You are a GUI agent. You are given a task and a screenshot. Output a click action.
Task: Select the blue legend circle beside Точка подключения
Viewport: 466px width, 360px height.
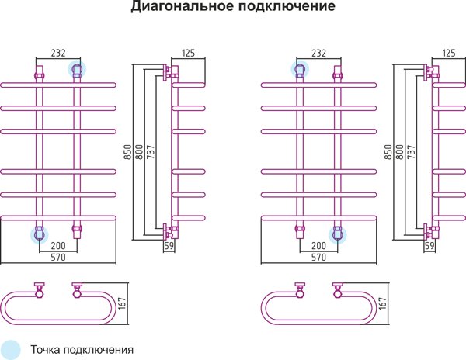(x=12, y=348)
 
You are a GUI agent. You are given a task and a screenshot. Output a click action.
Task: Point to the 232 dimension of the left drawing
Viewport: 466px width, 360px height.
(x=57, y=54)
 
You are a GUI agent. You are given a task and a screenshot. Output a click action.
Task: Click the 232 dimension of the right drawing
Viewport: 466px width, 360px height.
(x=318, y=54)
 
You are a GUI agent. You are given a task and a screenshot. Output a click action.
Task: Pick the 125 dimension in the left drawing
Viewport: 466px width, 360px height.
(x=187, y=53)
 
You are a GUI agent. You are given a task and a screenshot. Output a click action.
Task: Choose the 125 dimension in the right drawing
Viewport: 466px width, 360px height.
(x=448, y=53)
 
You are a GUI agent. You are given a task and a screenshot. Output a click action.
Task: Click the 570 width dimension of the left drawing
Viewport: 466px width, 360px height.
(x=57, y=256)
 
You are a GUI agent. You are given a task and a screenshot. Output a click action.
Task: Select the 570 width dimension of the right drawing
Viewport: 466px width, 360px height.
(x=318, y=256)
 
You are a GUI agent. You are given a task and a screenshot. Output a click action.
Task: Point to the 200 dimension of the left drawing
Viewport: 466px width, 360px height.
(x=57, y=244)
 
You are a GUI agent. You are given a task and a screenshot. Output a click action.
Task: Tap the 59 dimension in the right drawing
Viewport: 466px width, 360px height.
(x=429, y=246)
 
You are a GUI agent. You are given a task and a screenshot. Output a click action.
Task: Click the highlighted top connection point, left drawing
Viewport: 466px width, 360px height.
(x=77, y=71)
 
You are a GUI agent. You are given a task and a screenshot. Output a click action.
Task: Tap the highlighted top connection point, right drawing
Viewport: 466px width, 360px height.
(x=299, y=71)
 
